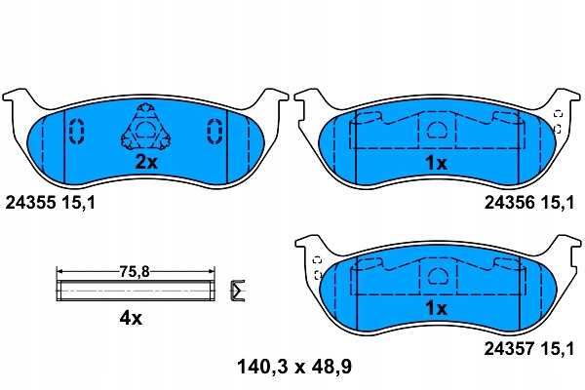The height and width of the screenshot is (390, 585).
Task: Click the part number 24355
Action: click(x=30, y=203)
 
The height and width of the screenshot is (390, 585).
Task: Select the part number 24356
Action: click(x=510, y=203)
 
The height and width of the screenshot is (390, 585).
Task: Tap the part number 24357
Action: click(x=510, y=349)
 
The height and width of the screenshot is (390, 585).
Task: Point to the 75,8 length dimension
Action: click(x=135, y=272)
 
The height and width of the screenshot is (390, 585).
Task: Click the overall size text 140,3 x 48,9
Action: click(x=294, y=367)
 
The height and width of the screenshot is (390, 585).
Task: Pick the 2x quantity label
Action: click(x=146, y=162)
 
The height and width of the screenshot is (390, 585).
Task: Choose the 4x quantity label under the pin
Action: click(x=131, y=318)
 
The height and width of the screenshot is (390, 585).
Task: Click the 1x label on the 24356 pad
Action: click(x=436, y=163)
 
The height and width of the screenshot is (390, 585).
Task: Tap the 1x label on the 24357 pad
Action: click(x=436, y=308)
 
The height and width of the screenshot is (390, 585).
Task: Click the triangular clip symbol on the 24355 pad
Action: click(x=145, y=127)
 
